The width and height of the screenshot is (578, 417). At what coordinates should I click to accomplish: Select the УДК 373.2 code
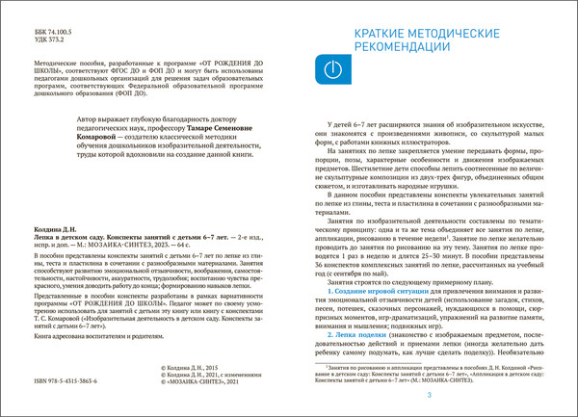tap(31, 40)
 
